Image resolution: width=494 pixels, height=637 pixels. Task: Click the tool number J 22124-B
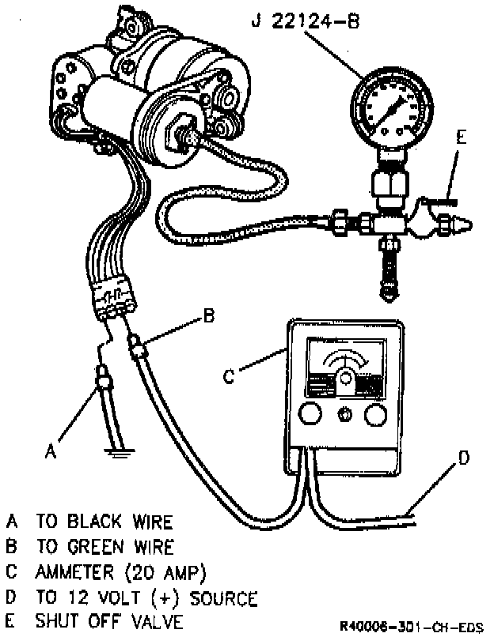click(x=306, y=21)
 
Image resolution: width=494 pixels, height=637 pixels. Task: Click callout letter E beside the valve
click(x=461, y=137)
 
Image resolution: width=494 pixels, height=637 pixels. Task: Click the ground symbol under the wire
click(x=118, y=452)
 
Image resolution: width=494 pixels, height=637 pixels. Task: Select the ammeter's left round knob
click(x=310, y=416)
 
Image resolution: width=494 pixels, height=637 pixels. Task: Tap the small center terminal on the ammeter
click(x=343, y=416)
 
